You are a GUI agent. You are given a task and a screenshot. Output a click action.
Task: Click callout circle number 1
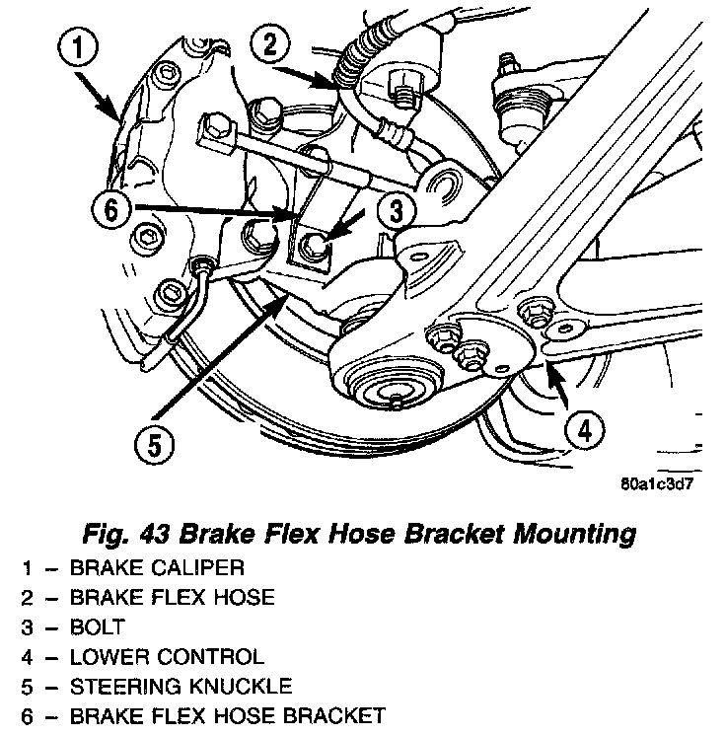coord(80,45)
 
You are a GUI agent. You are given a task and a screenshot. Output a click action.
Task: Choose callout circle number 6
coord(109,208)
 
